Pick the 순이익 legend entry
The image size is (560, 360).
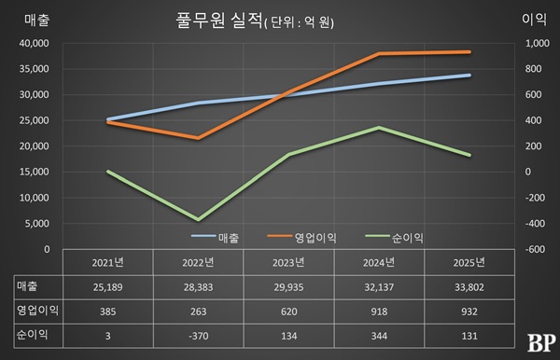pyautogui.click(x=389, y=238)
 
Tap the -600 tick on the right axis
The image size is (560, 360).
pyautogui.click(x=535, y=249)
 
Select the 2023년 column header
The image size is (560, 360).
pyautogui.click(x=287, y=262)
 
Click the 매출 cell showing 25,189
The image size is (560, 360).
pyautogui.click(x=106, y=286)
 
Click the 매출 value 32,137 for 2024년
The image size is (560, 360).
pyautogui.click(x=378, y=286)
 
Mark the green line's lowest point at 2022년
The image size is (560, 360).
pyautogui.click(x=197, y=219)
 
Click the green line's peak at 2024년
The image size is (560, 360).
pyautogui.click(x=378, y=128)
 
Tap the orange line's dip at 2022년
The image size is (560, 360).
pyautogui.click(x=197, y=138)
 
